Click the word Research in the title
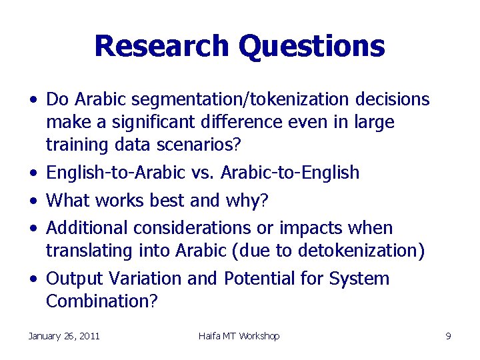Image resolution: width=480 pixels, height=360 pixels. click(x=162, y=46)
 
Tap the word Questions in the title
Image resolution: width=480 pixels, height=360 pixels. click(x=311, y=46)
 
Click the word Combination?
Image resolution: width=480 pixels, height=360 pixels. click(x=102, y=301)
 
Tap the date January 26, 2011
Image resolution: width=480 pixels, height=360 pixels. click(x=64, y=336)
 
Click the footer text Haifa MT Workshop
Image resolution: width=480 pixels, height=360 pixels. click(x=239, y=336)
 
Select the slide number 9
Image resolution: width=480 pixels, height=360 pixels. click(x=449, y=336)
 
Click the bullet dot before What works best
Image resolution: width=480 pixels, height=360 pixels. click(x=33, y=201)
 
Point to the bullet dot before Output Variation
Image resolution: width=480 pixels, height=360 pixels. click(x=33, y=279)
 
